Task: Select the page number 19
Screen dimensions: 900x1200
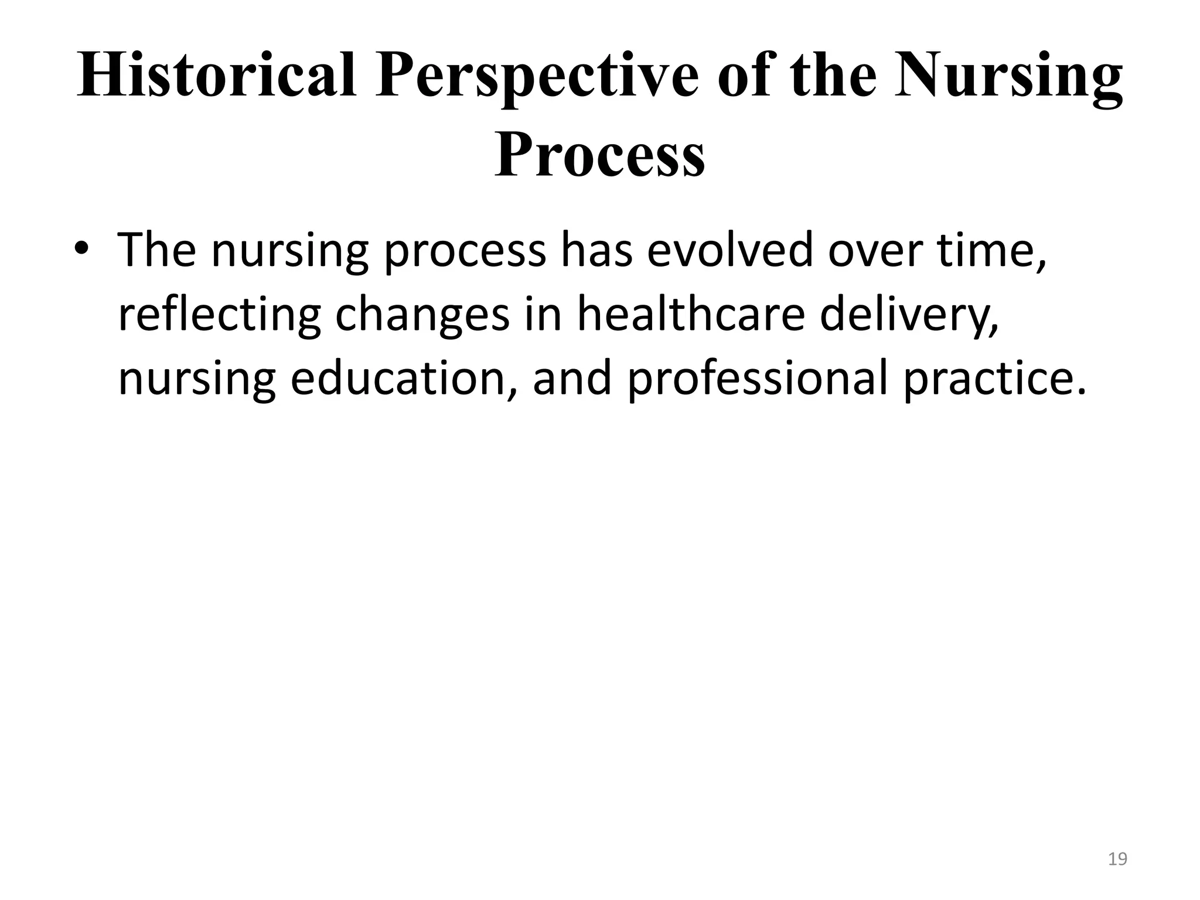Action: (1118, 860)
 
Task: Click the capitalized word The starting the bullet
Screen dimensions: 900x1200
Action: (157, 250)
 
